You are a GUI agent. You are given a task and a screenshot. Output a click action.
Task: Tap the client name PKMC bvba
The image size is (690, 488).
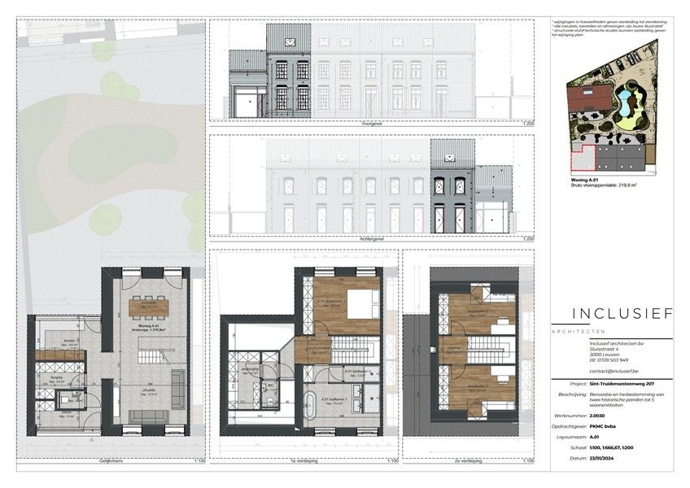pyautogui.click(x=602, y=425)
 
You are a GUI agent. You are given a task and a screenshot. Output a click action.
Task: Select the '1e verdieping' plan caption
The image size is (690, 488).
pyautogui.click(x=302, y=460)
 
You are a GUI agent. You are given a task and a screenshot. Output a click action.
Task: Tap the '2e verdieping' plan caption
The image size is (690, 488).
pyautogui.click(x=467, y=460)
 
